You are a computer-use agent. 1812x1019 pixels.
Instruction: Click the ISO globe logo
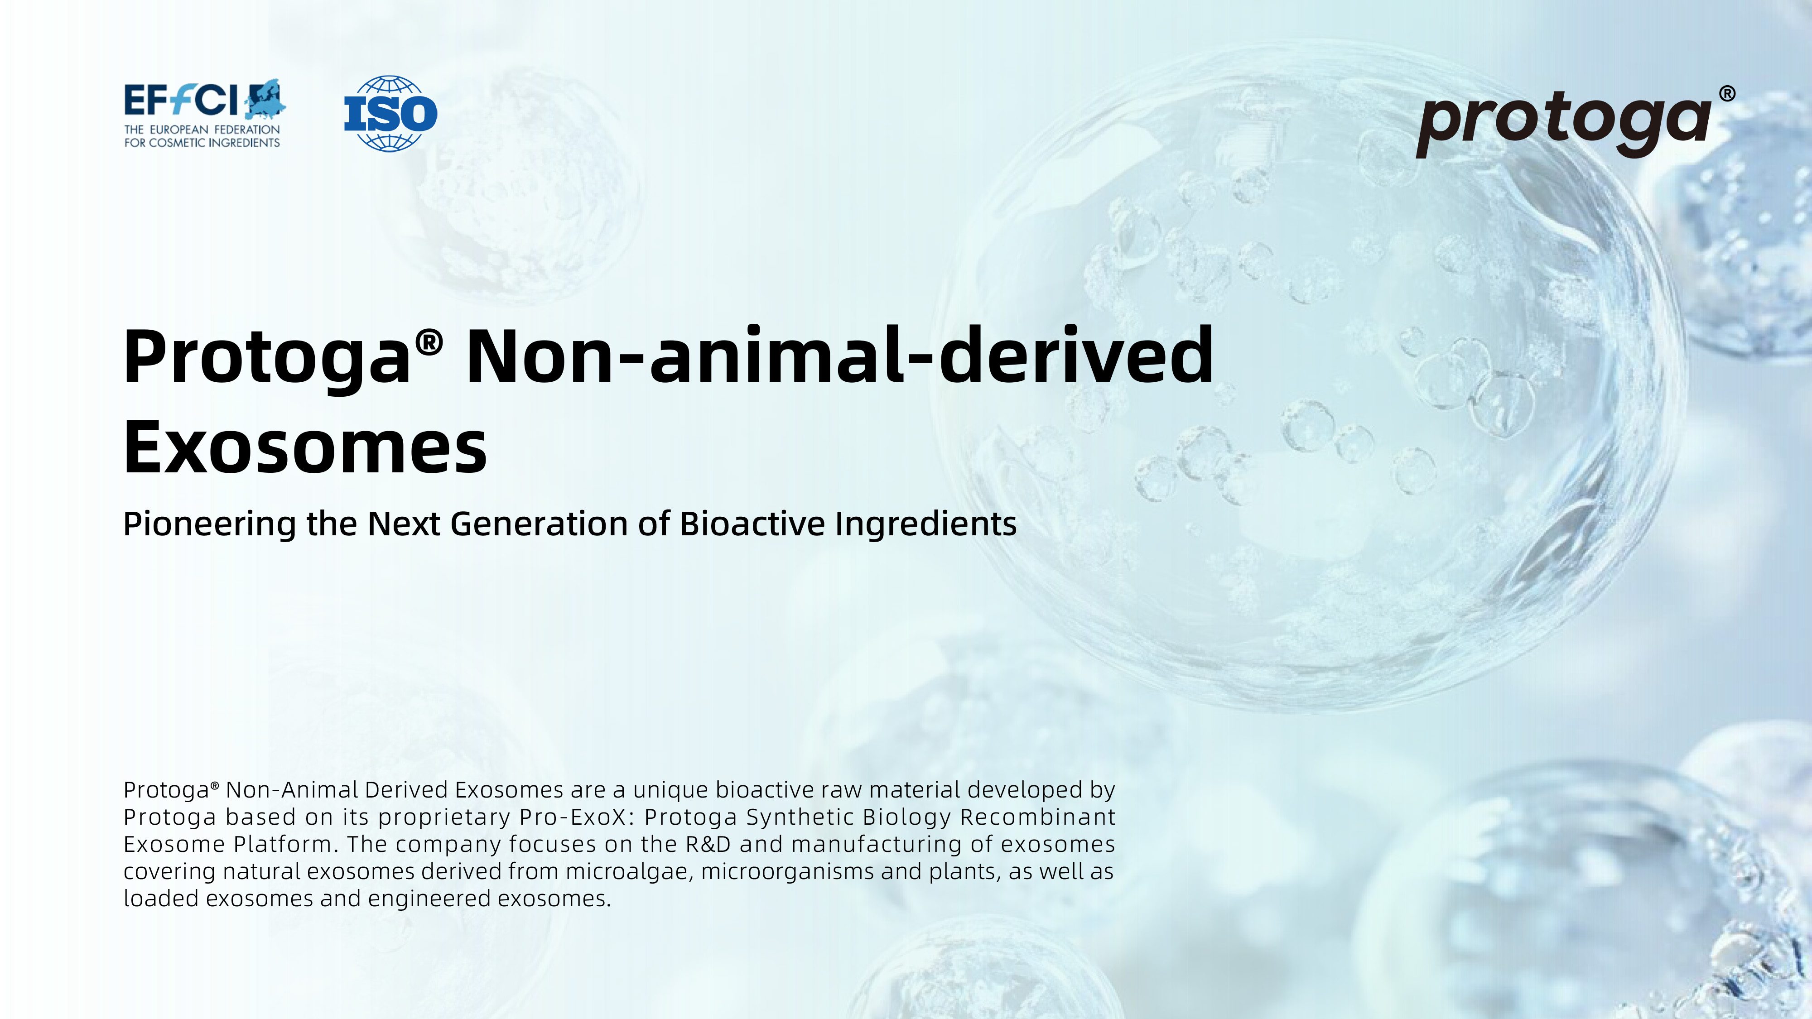[x=390, y=113]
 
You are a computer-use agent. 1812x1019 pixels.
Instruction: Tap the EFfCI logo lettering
[x=182, y=100]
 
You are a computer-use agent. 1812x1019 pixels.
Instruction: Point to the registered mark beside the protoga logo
[x=1727, y=94]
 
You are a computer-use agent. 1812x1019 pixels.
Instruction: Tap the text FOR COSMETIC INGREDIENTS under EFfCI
[x=202, y=143]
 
